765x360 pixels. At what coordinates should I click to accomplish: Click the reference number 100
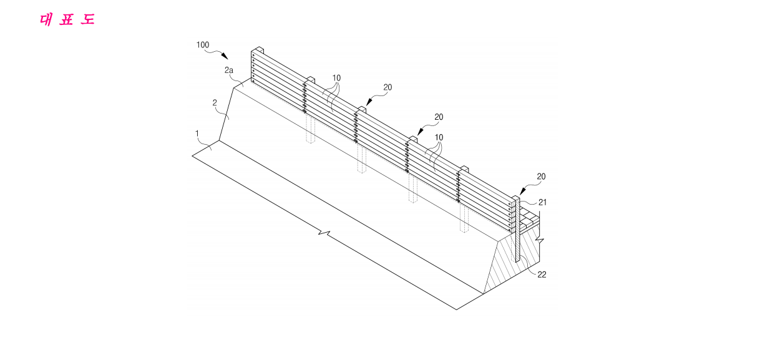click(203, 45)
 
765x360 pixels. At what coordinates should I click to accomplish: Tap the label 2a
click(229, 70)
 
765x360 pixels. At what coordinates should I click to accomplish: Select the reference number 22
click(542, 275)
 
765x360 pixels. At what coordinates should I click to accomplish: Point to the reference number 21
click(542, 202)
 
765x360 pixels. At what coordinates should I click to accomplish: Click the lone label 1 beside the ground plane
click(197, 134)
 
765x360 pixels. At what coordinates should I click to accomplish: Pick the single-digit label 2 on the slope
click(215, 102)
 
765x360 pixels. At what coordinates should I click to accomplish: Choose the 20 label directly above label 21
click(541, 177)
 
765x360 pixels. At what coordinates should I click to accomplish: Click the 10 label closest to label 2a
click(336, 78)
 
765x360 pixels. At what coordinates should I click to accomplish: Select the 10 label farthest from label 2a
click(439, 137)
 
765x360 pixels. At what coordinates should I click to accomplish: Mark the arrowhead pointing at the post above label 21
click(522, 191)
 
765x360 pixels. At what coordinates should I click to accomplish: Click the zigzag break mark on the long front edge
click(324, 233)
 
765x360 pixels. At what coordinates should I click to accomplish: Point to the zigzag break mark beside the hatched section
click(540, 241)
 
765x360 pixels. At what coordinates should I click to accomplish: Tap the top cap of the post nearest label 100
click(257, 49)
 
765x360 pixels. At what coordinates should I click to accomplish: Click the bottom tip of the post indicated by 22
click(517, 261)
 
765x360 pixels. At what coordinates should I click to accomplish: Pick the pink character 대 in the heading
click(46, 20)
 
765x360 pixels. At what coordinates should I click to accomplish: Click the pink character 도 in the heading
click(87, 19)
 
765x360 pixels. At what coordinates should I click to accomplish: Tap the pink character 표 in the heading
click(67, 19)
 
